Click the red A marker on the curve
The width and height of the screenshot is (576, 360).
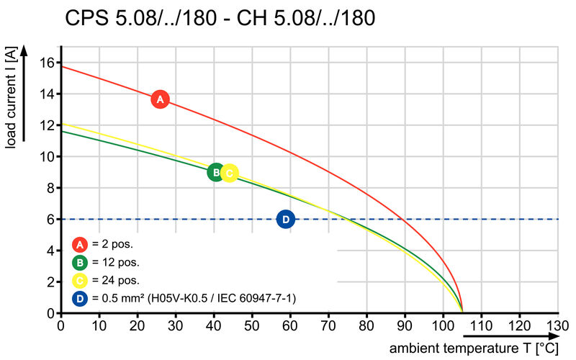[160, 99]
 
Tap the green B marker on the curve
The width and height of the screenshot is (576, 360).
[216, 172]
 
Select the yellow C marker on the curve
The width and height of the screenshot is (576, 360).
[230, 173]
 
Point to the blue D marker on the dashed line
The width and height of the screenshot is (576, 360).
[286, 220]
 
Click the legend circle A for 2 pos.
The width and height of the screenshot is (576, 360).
[80, 245]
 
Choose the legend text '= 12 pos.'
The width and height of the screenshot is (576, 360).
[116, 262]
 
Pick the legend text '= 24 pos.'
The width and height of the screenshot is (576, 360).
[116, 280]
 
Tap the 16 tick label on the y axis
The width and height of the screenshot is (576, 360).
[48, 63]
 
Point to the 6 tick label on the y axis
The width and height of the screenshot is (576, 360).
[51, 220]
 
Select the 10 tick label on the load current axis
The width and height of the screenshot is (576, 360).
[48, 156]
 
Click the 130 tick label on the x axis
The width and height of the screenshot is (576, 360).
[557, 325]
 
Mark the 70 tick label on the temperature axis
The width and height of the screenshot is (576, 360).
[328, 325]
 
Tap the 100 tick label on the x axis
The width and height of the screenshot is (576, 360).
[443, 325]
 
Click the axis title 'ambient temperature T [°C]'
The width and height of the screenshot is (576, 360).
[474, 348]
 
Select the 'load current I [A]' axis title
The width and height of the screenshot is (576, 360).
[11, 98]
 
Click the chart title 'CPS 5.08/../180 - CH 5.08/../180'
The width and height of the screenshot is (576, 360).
[220, 17]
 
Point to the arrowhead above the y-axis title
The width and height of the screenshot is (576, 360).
[24, 50]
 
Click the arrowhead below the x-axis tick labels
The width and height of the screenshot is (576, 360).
[553, 336]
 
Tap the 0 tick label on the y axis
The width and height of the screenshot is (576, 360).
[51, 313]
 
